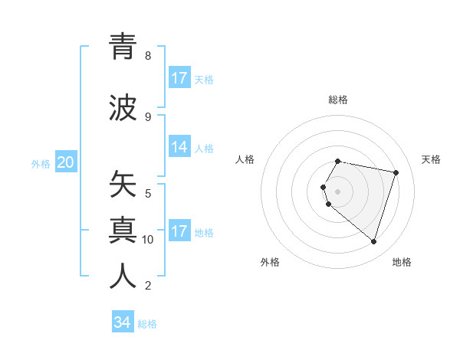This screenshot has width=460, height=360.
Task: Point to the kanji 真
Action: click(123, 230)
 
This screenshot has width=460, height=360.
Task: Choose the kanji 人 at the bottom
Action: click(123, 277)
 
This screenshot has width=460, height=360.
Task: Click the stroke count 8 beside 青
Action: click(148, 56)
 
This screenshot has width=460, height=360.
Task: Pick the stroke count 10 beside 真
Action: click(148, 240)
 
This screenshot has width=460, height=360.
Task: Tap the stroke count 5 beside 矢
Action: click(148, 193)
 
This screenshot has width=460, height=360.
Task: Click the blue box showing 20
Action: click(66, 162)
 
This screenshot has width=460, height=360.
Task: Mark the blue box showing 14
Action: click(179, 148)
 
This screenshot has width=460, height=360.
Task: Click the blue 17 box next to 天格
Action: click(179, 78)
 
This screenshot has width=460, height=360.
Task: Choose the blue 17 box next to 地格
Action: click(179, 231)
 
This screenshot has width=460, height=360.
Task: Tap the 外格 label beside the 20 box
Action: click(41, 164)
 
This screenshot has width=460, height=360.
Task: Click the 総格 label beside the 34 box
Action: click(147, 324)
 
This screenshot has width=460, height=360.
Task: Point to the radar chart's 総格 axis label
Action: click(338, 100)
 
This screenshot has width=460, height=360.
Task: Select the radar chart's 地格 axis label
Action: click(402, 262)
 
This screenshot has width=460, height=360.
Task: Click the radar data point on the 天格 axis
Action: click(396, 172)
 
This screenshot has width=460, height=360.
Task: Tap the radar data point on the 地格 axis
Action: click(373, 241)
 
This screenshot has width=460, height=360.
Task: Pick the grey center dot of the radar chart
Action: click(338, 191)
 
